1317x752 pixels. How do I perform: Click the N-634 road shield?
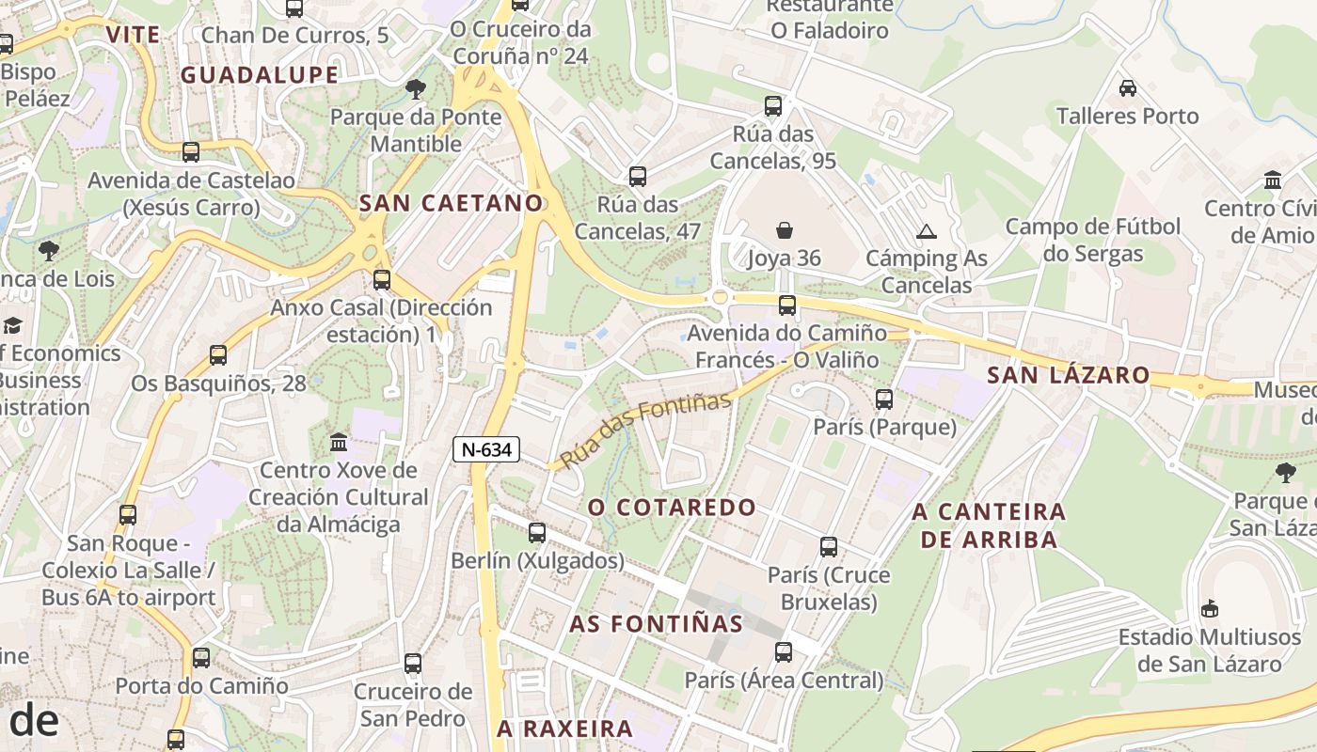pos(486,449)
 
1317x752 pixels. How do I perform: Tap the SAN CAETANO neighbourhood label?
pos(452,202)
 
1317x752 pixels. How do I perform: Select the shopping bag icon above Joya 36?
pos(785,229)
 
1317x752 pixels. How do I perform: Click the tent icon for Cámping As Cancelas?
pos(927,231)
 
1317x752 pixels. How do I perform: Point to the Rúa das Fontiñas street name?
pos(645,431)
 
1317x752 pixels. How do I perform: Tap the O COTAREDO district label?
pos(672,508)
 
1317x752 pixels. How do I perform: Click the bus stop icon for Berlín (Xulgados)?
pos(537,533)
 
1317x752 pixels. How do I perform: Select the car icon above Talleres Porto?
pos(1127,88)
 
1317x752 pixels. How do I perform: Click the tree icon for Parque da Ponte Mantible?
pos(415,89)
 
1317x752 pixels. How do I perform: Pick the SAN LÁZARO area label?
pos(1069,375)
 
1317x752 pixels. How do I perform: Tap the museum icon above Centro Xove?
pos(339,442)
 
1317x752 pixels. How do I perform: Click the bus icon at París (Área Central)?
pos(784,652)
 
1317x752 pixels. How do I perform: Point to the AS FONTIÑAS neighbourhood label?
pos(656,623)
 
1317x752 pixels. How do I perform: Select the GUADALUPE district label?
pos(260,75)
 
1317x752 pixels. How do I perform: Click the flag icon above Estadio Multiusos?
pos(1210,609)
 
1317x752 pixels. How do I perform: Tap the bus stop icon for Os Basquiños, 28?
pos(218,355)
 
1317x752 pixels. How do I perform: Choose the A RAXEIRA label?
pos(564,728)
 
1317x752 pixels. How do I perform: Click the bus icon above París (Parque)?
pos(884,399)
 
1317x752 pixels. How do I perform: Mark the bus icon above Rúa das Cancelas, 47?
pos(638,177)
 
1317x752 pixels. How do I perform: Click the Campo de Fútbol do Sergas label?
pos(1093,240)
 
